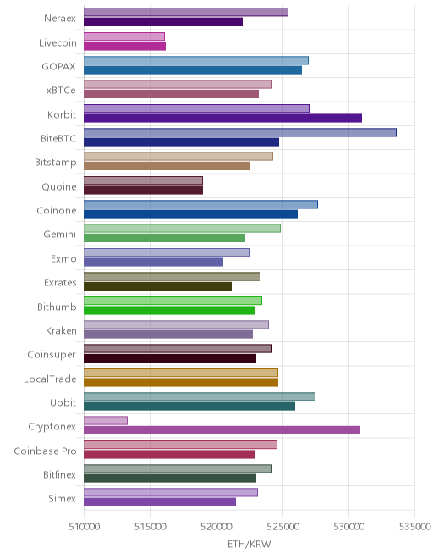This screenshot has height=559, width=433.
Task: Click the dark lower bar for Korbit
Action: (223, 118)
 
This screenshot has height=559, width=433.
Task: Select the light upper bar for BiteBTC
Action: (240, 132)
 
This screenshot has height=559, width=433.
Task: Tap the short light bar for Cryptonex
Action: (106, 420)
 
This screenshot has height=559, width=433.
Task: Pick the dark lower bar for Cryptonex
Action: (222, 430)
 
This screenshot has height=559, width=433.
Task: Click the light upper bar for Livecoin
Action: (124, 36)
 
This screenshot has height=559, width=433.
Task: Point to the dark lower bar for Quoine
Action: (144, 190)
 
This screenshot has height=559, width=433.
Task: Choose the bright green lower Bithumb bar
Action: (169, 310)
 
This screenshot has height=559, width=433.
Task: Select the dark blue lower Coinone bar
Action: (191, 214)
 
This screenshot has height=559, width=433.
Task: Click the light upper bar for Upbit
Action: (200, 396)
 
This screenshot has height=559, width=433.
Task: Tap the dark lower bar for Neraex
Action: (163, 22)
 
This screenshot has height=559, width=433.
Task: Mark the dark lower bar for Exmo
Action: (153, 262)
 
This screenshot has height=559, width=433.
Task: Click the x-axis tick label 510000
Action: (85, 526)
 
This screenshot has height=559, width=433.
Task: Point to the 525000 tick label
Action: (283, 526)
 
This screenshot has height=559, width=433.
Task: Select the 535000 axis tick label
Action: (415, 526)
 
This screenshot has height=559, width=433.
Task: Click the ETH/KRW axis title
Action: (249, 544)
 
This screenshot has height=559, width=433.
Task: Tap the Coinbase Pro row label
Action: (45, 451)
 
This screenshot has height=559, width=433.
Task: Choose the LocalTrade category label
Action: (50, 379)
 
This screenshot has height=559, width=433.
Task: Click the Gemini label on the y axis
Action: (60, 235)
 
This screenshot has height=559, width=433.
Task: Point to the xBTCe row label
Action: (61, 90)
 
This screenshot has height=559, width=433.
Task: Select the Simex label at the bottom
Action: (63, 498)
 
